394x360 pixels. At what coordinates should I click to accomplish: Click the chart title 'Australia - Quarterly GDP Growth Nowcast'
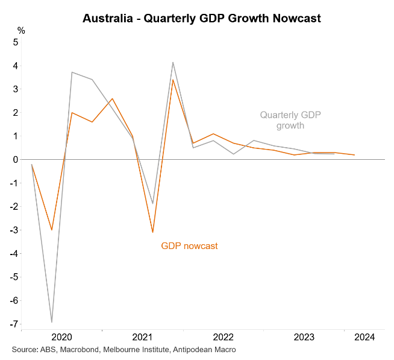(x=202, y=18)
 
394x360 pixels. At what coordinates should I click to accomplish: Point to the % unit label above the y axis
(x=21, y=30)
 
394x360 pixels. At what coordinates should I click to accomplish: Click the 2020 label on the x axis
(x=61, y=337)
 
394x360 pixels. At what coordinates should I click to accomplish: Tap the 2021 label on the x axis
(x=142, y=337)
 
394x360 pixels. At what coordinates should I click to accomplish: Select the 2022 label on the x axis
(x=223, y=337)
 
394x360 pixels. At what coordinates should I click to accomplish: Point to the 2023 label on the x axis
(x=304, y=337)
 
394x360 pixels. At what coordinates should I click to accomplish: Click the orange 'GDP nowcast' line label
(x=189, y=246)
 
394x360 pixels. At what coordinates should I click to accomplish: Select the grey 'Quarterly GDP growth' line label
(x=290, y=120)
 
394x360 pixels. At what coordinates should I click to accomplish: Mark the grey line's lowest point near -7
(x=52, y=322)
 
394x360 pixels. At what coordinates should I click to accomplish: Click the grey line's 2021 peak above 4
(x=173, y=62)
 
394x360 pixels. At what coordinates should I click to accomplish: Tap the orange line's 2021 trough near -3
(x=153, y=232)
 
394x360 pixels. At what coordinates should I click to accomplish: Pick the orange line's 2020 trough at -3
(x=52, y=230)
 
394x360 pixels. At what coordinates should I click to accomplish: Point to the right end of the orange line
(x=354, y=155)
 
